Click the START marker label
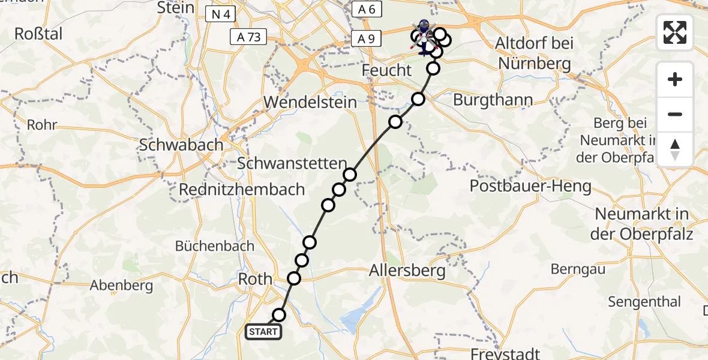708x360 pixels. (263, 331)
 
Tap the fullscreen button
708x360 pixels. (675, 32)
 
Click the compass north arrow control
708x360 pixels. (675, 149)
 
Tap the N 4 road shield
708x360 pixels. (220, 14)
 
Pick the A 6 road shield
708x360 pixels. (366, 9)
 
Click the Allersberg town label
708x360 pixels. (408, 271)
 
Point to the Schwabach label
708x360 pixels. (181, 145)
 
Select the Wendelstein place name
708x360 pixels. (310, 102)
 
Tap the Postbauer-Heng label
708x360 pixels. (530, 186)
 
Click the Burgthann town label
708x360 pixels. (493, 100)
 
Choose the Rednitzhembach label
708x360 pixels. (242, 190)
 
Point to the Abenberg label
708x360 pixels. (121, 286)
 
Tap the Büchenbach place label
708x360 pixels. (215, 246)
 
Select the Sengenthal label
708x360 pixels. (644, 302)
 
